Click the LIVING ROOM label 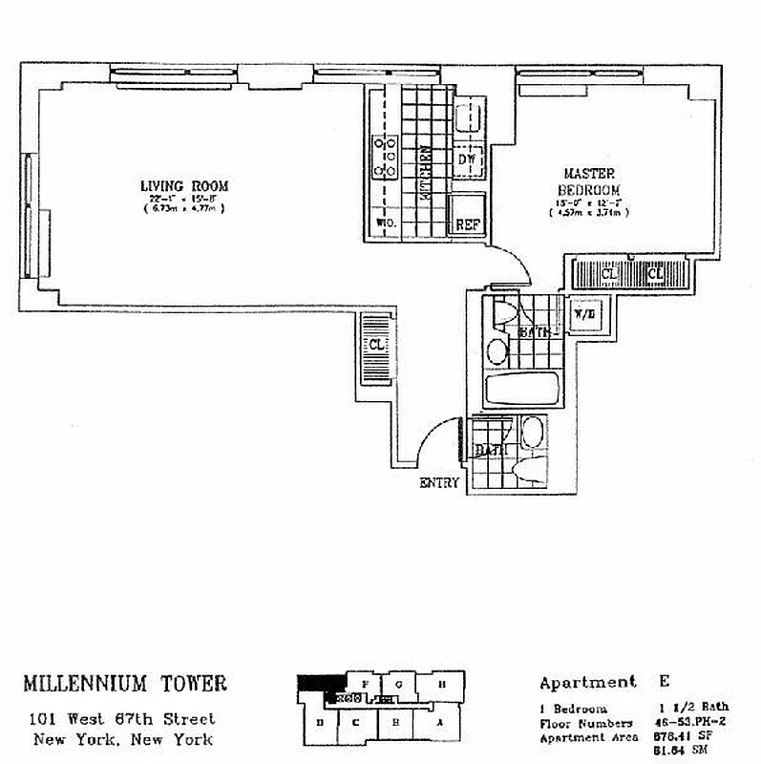(183, 185)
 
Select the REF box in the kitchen (467, 224)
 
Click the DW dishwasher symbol (467, 160)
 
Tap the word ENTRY (439, 483)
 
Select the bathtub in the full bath (521, 390)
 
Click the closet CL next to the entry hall (376, 345)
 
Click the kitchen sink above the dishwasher (468, 118)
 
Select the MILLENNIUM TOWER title (125, 683)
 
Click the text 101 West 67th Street (122, 719)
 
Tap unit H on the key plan (444, 684)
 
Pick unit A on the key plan (440, 723)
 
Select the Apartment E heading (602, 682)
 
